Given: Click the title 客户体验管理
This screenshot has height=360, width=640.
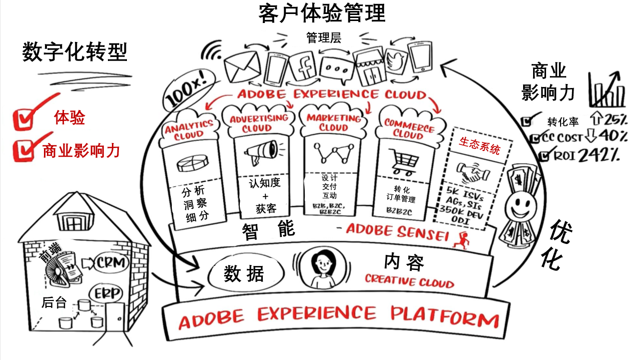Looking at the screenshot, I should click(x=322, y=13).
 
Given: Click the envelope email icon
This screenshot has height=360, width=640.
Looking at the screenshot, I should click(x=243, y=67).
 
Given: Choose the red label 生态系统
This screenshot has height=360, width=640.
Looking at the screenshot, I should click(x=479, y=145).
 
